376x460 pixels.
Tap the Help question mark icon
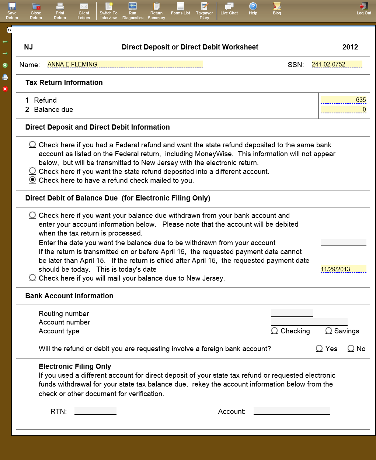253,7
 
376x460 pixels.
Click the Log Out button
364,9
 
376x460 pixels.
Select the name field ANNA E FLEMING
125,65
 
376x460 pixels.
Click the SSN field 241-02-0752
337,65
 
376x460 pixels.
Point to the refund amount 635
343,100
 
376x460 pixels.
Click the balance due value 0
343,109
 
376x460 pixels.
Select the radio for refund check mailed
32,180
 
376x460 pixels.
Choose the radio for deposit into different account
32,171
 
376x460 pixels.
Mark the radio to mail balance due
32,278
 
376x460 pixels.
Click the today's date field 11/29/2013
343,269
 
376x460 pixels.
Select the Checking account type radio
275,331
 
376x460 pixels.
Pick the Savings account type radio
329,331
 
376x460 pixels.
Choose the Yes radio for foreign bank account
319,349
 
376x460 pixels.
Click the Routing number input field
292,313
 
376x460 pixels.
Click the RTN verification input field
95,411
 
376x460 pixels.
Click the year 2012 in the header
350,47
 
